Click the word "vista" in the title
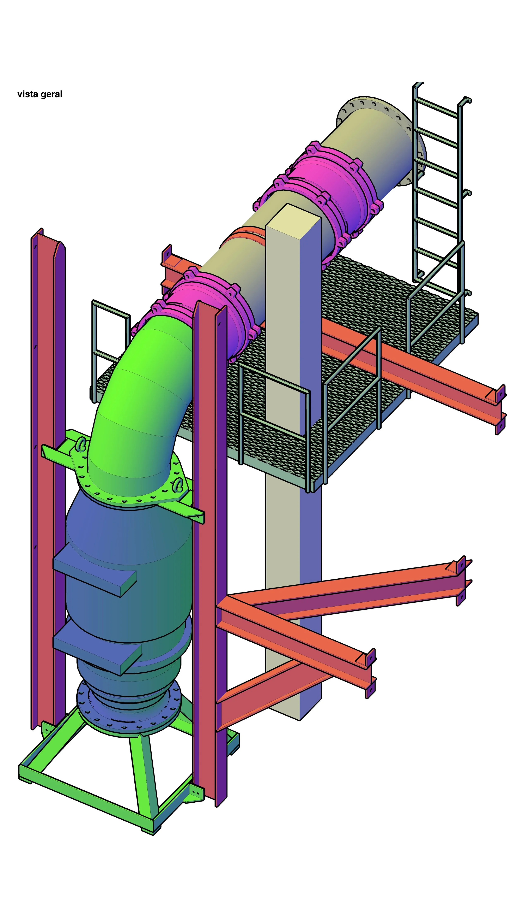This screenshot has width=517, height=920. coord(28,94)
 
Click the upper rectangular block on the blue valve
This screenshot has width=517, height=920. coord(95,568)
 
